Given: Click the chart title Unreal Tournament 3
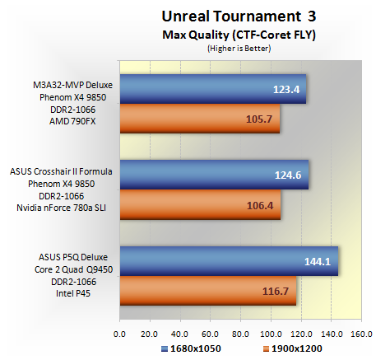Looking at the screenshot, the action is pyautogui.click(x=239, y=16).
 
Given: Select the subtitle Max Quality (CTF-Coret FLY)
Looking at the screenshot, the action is pyautogui.click(x=239, y=35).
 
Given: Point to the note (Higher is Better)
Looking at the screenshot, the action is pyautogui.click(x=239, y=49).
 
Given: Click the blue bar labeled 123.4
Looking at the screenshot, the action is pyautogui.click(x=213, y=89).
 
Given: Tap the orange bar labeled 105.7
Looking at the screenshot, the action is pyautogui.click(x=200, y=119).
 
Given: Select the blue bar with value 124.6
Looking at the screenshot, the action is pyautogui.click(x=214, y=175).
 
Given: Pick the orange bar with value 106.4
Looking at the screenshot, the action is pyautogui.click(x=200, y=204).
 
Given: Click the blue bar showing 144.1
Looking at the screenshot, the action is pyautogui.click(x=229, y=261).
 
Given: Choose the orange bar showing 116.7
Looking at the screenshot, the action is pyautogui.click(x=208, y=291).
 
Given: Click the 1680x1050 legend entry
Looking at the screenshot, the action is pyautogui.click(x=191, y=348).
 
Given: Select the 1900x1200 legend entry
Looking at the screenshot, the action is pyautogui.click(x=292, y=348).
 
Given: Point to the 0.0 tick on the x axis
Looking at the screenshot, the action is pyautogui.click(x=119, y=334).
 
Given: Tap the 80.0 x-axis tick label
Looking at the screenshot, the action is pyautogui.click(x=240, y=334).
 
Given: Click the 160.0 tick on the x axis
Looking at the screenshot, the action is pyautogui.click(x=362, y=334).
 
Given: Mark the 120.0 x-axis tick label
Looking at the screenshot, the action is pyautogui.click(x=301, y=334).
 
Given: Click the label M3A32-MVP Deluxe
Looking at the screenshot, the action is pyautogui.click(x=72, y=85).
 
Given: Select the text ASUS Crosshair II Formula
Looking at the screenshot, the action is pyautogui.click(x=61, y=171).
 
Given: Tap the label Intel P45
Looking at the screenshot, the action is pyautogui.click(x=73, y=293).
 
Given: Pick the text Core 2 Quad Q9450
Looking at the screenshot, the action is pyautogui.click(x=73, y=269).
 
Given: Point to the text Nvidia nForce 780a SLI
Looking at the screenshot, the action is pyautogui.click(x=61, y=208).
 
